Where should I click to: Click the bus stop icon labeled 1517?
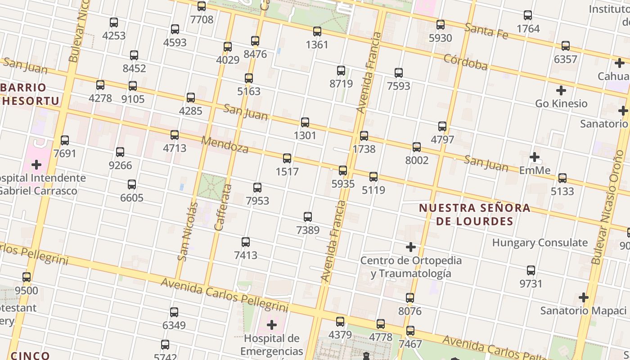click(287, 158)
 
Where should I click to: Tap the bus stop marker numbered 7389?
click(308, 217)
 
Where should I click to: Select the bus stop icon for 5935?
click(343, 171)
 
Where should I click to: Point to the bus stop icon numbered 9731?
click(531, 270)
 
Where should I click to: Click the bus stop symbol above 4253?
click(114, 22)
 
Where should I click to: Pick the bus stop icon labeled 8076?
click(410, 298)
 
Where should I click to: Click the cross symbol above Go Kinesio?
click(561, 90)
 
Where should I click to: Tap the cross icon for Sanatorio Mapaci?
click(584, 297)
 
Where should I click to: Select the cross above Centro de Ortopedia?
click(410, 247)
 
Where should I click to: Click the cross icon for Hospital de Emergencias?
click(272, 325)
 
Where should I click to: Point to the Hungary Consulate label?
click(540, 243)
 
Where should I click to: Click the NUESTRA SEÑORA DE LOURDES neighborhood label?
click(474, 214)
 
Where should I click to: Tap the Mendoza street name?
click(225, 144)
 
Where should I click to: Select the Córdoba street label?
click(465, 63)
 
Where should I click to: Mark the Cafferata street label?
click(223, 207)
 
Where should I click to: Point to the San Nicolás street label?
click(188, 231)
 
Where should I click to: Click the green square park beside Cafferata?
click(211, 187)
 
